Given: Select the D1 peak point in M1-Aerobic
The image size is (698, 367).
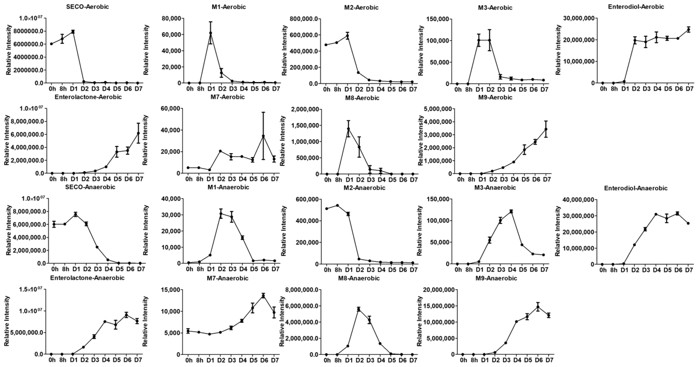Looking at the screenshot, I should click(x=211, y=33).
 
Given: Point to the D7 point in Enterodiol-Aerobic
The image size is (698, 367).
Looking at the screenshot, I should click(x=688, y=30).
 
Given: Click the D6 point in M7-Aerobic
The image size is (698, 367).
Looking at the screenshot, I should click(x=263, y=136).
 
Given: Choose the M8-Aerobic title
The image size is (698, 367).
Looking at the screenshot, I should click(x=362, y=98).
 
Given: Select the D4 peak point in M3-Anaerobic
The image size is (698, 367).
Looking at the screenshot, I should click(x=511, y=211).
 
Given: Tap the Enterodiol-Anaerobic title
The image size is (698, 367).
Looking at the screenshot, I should click(x=636, y=188).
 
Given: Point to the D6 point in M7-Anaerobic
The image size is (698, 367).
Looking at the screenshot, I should click(x=263, y=296).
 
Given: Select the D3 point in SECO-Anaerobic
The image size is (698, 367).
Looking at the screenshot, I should click(x=97, y=247).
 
